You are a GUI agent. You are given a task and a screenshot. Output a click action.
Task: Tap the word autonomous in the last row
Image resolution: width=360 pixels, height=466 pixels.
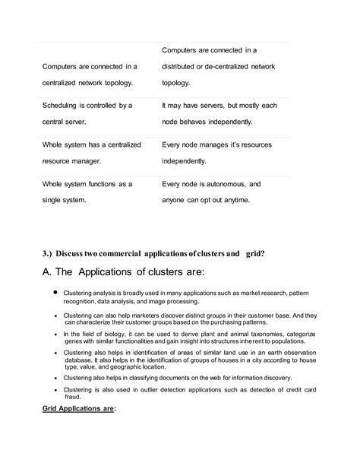[224, 184]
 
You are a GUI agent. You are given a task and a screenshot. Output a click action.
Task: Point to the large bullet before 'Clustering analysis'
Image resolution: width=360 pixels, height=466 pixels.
[55, 291]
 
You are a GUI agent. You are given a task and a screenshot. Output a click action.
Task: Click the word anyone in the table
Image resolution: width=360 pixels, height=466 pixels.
[175, 199]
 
